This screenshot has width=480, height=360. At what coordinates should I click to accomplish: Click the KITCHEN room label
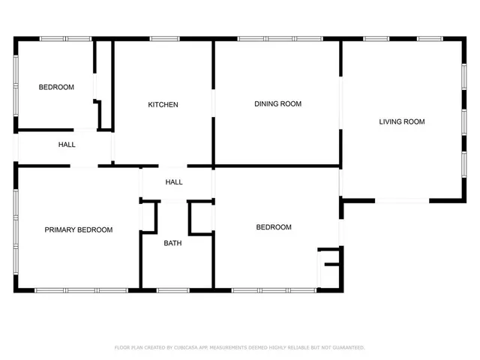click(x=163, y=104)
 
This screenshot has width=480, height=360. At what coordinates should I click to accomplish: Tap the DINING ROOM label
click(x=277, y=103)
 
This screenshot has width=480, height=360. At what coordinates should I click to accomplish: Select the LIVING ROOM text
click(x=401, y=121)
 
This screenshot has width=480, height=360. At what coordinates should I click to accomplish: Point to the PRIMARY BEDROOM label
click(x=78, y=229)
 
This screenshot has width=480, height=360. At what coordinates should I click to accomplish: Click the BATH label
click(x=172, y=243)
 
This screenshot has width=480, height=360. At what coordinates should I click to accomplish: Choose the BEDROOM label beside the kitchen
click(x=56, y=87)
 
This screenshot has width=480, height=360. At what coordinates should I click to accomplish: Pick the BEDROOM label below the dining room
click(x=273, y=227)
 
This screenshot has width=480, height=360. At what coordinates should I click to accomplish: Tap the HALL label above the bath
click(x=173, y=182)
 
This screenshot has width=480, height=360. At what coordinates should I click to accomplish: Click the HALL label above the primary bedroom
click(x=67, y=145)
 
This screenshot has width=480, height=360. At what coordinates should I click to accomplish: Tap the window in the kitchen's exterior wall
click(x=163, y=38)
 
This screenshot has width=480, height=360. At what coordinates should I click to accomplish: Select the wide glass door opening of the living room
click(x=401, y=200)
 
